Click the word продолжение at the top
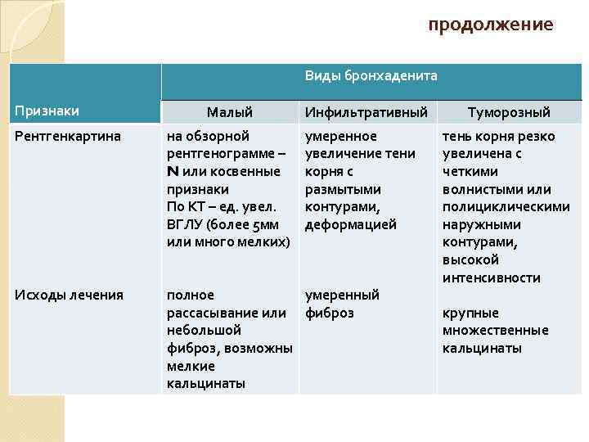point(491,25)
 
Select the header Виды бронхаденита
point(371,76)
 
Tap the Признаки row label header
point(46,110)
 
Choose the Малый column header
point(229,112)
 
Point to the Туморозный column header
point(508,112)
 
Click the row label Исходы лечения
point(69,295)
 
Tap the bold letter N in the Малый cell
point(173,171)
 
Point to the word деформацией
point(350,224)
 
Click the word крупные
point(470,313)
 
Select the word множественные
point(495,331)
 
